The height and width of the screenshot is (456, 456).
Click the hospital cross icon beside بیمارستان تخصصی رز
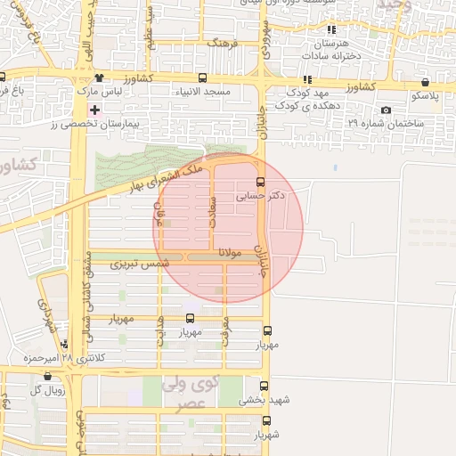(x=94, y=110)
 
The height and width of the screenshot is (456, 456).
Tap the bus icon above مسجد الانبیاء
(x=204, y=77)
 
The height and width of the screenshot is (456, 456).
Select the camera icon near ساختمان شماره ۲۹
(x=385, y=110)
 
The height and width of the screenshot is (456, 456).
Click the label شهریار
(x=265, y=436)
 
